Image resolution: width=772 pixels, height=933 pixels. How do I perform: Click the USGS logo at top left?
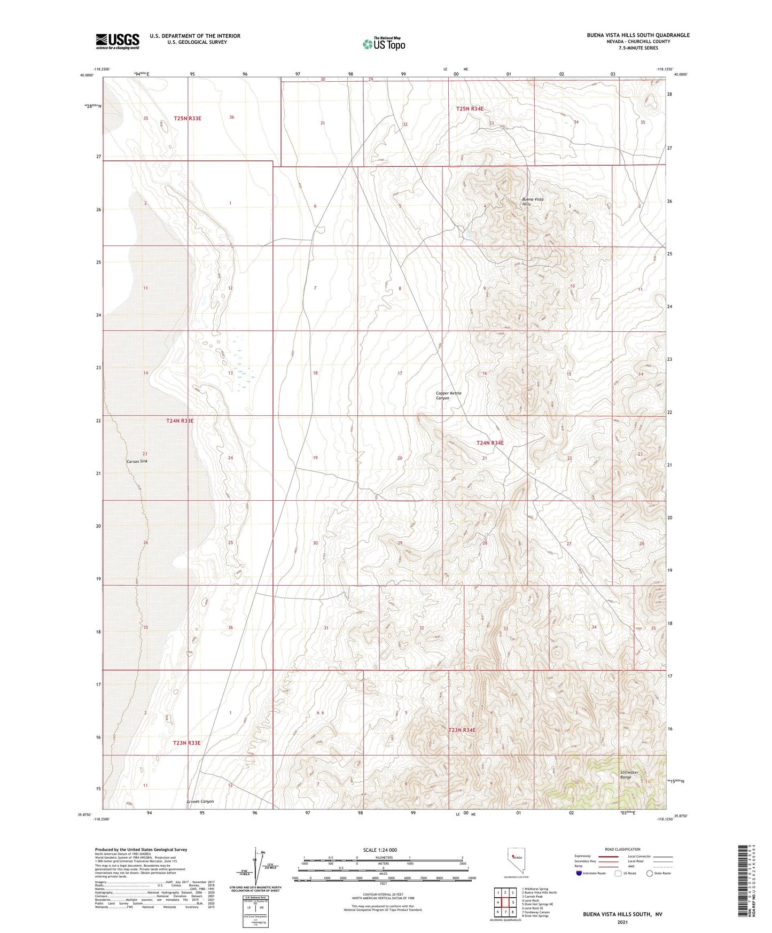pyautogui.click(x=117, y=41)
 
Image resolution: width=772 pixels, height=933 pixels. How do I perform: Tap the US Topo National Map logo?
pyautogui.click(x=384, y=43)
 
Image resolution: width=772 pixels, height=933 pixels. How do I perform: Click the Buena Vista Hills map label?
pyautogui.click(x=533, y=201)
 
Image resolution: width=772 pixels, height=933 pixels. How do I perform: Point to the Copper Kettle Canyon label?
pyautogui.click(x=448, y=395)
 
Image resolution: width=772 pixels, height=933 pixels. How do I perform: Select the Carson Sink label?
pyautogui.click(x=137, y=461)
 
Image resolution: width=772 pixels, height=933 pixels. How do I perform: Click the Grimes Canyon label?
pyautogui.click(x=200, y=802)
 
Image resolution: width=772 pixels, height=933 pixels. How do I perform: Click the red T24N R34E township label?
pyautogui.click(x=489, y=442)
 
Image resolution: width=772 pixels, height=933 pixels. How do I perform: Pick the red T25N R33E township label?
pyautogui.click(x=188, y=118)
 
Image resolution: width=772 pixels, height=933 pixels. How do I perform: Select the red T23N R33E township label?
pyautogui.click(x=186, y=743)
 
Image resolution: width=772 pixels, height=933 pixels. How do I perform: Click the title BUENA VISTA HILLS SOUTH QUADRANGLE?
pyautogui.click(x=638, y=35)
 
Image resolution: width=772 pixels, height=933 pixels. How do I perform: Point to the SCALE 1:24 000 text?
pyautogui.click(x=380, y=850)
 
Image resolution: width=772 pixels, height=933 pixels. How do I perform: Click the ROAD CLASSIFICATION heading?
pyautogui.click(x=622, y=849)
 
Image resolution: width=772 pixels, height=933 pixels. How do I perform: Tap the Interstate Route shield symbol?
pyautogui.click(x=579, y=873)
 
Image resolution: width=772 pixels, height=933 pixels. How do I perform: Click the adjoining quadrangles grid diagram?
pyautogui.click(x=505, y=903)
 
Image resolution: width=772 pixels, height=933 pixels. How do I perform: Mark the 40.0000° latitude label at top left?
pyautogui.click(x=85, y=75)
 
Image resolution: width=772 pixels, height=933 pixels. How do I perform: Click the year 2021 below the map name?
pyautogui.click(x=622, y=922)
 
